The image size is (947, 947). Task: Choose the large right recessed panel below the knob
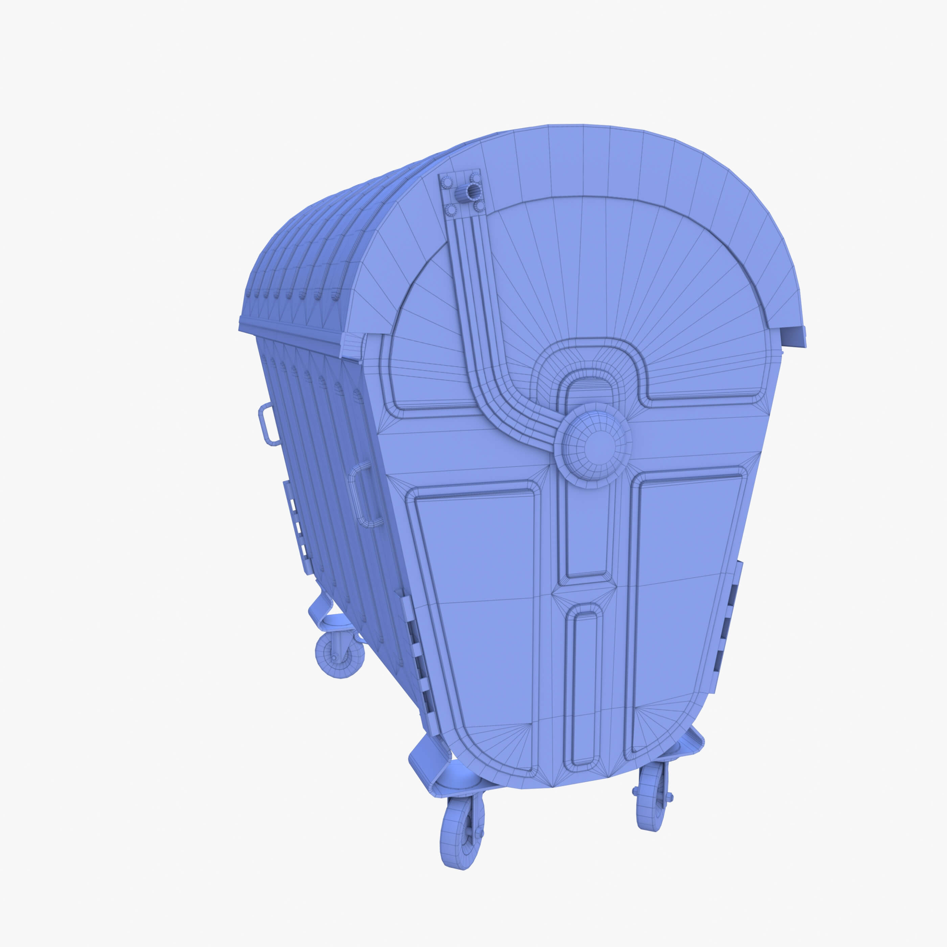(x=686, y=608)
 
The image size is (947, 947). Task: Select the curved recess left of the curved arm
(x=426, y=353)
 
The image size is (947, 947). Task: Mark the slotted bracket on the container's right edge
(x=730, y=623)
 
